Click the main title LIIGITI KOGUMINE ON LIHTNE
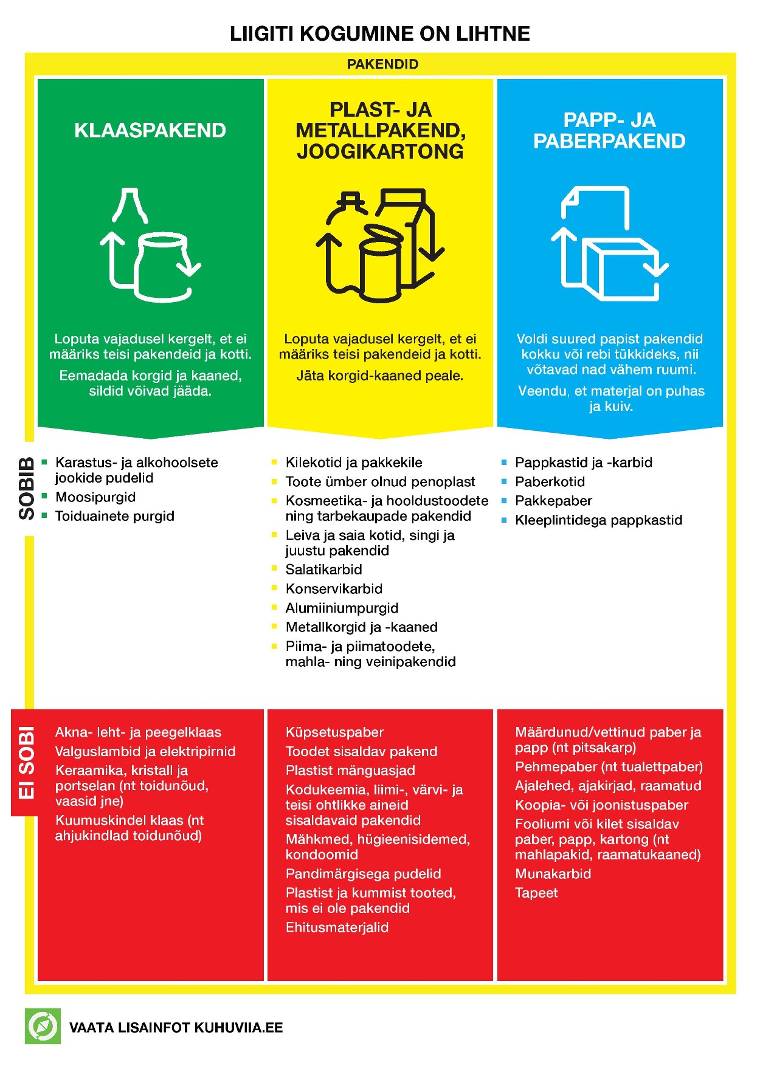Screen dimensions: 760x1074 [380, 33]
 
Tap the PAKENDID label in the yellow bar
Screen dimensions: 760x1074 [382, 64]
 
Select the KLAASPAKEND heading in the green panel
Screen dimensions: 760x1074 [150, 130]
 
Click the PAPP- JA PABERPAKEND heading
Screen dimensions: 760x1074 [609, 131]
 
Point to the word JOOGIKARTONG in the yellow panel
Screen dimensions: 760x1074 [380, 151]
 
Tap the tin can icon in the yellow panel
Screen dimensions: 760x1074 [381, 264]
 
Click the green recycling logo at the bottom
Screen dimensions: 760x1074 [43, 1027]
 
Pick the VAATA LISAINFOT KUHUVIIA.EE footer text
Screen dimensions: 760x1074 [176, 1027]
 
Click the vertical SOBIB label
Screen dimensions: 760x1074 [27, 489]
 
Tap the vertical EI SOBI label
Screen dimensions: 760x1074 [27, 763]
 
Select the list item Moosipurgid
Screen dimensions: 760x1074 [95, 497]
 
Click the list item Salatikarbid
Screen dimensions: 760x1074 [324, 570]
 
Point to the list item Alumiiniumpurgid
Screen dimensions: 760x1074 [342, 608]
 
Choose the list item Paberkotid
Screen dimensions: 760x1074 [550, 482]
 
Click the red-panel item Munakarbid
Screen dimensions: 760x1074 [553, 874]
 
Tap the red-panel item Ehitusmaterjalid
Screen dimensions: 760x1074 [337, 928]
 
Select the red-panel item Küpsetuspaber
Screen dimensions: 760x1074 [335, 733]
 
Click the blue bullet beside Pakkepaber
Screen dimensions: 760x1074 [504, 501]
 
